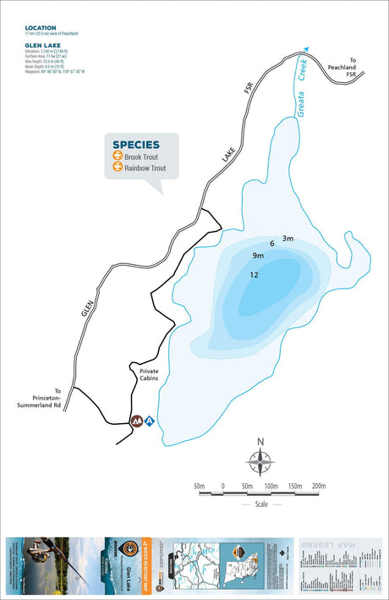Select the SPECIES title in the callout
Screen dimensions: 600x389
[135, 145]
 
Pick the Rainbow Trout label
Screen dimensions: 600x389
[145, 168]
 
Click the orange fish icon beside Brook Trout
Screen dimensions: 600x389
[118, 157]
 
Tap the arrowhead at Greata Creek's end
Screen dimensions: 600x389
[306, 50]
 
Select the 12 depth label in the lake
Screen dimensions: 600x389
[254, 274]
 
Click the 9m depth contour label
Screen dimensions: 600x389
[258, 256]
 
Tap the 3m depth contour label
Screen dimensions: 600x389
[288, 239]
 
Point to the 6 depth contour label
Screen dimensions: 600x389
[272, 244]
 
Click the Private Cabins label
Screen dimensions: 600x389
[143, 376]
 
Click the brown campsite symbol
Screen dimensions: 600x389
[135, 421]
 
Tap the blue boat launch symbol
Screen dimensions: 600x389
[149, 421]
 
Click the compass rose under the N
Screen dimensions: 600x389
[260, 462]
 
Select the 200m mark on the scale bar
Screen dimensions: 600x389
[319, 486]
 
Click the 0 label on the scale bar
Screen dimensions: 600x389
[222, 486]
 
